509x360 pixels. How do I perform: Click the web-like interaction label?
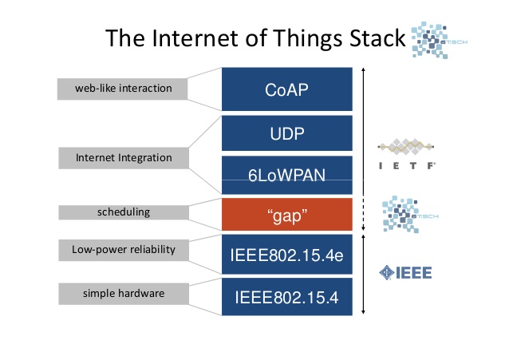pos(123,88)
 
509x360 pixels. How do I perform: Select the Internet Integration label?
pos(124,158)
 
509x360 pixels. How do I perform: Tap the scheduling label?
pos(124,213)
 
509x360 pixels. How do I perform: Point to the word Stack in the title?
pos(371,39)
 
